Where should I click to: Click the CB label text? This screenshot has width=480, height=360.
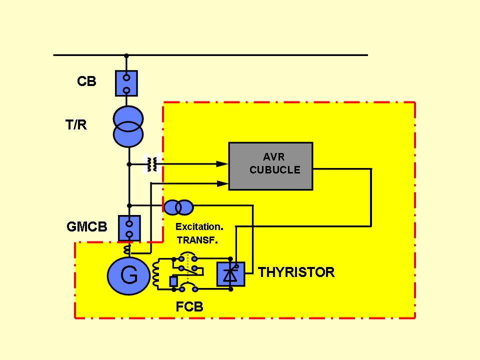pos(86,81)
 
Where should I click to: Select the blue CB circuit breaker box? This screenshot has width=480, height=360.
pos(126,83)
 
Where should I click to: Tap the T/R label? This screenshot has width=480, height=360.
pos(76,125)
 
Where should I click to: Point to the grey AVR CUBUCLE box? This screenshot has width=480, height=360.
pos(270,166)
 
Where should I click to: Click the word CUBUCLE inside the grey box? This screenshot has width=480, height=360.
pos(274,170)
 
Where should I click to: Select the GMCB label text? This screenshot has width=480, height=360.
pos(86,227)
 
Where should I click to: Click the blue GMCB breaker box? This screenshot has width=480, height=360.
pos(129,228)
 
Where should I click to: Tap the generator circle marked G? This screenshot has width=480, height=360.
pos(128,275)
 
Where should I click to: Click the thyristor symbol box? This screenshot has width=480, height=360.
pos(230,274)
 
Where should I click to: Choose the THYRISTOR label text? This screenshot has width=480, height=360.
pos(296,272)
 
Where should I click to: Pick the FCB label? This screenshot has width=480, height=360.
pos(189,306)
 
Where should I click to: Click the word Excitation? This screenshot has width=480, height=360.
pos(198,226)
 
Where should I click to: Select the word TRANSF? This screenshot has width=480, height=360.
pos(197,240)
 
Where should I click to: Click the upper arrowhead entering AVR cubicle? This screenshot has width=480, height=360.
pos(223,163)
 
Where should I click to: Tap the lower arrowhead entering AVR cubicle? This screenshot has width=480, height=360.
pos(223,183)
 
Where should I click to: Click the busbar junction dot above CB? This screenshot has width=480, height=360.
pos(126,55)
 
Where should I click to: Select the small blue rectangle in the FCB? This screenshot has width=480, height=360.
pos(173,281)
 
